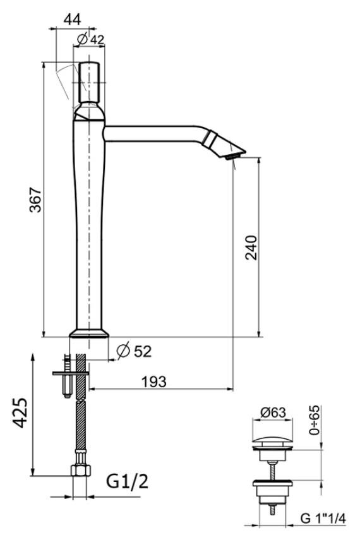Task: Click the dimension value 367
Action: [35, 200]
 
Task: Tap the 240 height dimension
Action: [251, 248]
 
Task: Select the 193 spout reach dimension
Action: [154, 382]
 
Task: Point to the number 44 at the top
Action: [72, 20]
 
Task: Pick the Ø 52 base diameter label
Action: [135, 351]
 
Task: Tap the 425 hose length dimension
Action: [20, 413]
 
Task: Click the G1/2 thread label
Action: [127, 481]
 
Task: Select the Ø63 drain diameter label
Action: [273, 413]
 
